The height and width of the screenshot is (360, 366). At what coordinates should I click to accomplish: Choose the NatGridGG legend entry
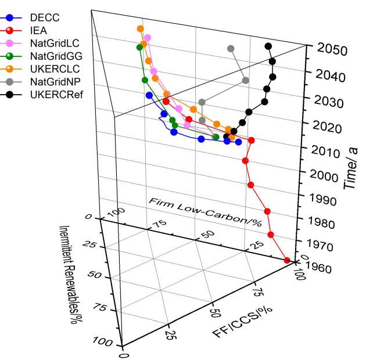(56, 56)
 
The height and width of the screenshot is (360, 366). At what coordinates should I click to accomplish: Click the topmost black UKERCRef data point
(268, 46)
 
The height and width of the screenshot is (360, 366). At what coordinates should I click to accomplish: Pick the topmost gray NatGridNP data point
(231, 49)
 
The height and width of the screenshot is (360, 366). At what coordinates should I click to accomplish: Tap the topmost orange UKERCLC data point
(140, 28)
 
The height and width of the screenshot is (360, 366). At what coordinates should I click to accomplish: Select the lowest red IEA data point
(287, 261)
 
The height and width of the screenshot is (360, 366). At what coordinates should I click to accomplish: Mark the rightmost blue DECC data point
(238, 142)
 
